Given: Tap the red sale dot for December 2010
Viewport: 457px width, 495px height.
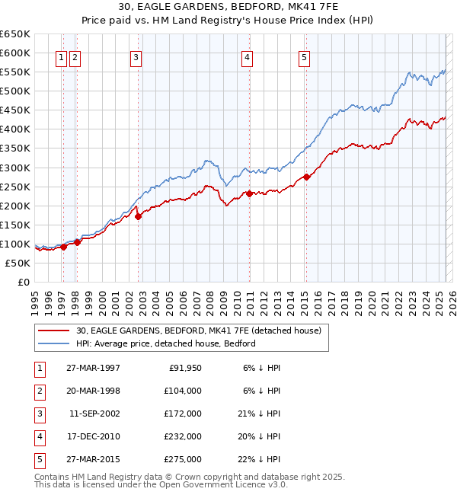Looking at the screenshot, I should [249, 193].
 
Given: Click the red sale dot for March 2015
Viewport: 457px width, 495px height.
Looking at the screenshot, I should [306, 177].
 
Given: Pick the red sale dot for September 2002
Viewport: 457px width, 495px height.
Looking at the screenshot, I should [138, 216].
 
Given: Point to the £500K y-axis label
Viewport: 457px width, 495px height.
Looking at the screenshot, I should [15, 91].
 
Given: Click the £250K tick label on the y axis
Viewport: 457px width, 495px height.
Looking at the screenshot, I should [15, 187].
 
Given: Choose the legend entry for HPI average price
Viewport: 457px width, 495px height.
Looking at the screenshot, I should [165, 343].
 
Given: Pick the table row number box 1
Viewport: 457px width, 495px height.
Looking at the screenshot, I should [39, 368].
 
